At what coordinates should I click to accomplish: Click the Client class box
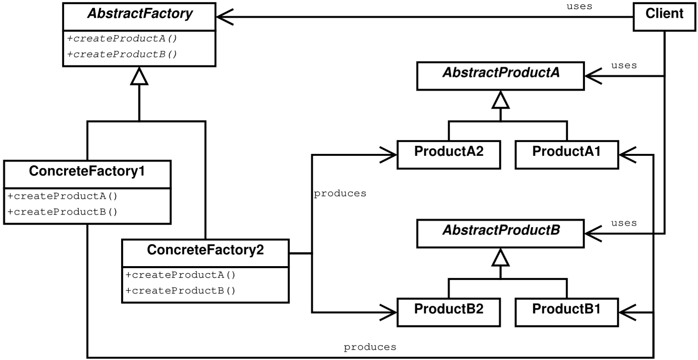pyautogui.click(x=664, y=17)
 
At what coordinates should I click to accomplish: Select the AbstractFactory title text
pyautogui.click(x=140, y=13)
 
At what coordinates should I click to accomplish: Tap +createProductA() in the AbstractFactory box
pyautogui.click(x=122, y=39)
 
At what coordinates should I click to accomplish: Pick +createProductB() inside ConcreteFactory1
pyautogui.click(x=63, y=212)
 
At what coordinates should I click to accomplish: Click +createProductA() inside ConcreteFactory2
pyautogui.click(x=180, y=275)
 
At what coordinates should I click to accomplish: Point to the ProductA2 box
pyautogui.click(x=449, y=155)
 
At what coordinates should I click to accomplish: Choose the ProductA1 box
pyautogui.click(x=567, y=155)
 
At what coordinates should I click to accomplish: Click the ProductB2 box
pyautogui.click(x=449, y=312)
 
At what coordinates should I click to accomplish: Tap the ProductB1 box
pyautogui.click(x=567, y=312)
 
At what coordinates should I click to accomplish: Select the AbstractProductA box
pyautogui.click(x=500, y=76)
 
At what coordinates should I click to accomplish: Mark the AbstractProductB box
pyautogui.click(x=500, y=233)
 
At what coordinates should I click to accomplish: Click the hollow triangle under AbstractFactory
pyautogui.click(x=139, y=77)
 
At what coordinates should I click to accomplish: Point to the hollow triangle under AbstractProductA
pyautogui.click(x=500, y=101)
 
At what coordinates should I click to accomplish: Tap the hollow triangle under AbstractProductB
pyautogui.click(x=500, y=258)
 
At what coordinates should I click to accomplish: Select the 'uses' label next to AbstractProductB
pyautogui.click(x=624, y=223)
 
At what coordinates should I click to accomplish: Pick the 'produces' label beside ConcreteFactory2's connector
pyautogui.click(x=340, y=193)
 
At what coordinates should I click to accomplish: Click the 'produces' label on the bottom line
pyautogui.click(x=370, y=347)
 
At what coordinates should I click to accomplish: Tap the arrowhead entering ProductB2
pyautogui.click(x=389, y=312)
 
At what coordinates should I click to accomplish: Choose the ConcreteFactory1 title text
pyautogui.click(x=87, y=171)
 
